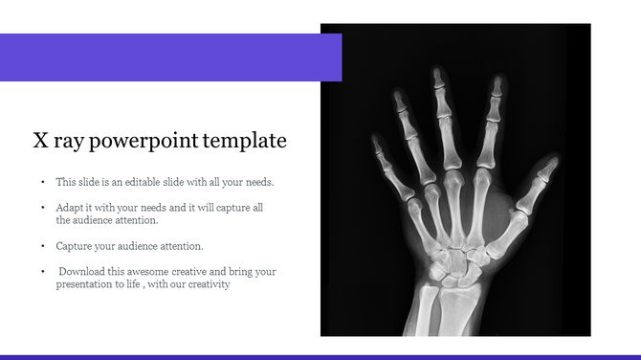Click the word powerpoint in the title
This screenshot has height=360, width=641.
(x=144, y=142)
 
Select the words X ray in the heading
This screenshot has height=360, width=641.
(x=55, y=142)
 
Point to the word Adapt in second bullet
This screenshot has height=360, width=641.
(x=71, y=207)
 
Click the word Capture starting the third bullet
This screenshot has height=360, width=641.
(x=74, y=246)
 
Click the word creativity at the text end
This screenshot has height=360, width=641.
(x=209, y=284)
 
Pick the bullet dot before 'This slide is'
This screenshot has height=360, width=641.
(x=42, y=181)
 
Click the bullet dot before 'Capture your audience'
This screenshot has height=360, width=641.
(x=42, y=246)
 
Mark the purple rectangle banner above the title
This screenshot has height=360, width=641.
(x=170, y=57)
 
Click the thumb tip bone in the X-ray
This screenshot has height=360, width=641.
(x=546, y=170)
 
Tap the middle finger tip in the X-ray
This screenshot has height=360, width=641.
(x=438, y=78)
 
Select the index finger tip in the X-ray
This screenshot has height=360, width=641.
(x=497, y=86)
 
